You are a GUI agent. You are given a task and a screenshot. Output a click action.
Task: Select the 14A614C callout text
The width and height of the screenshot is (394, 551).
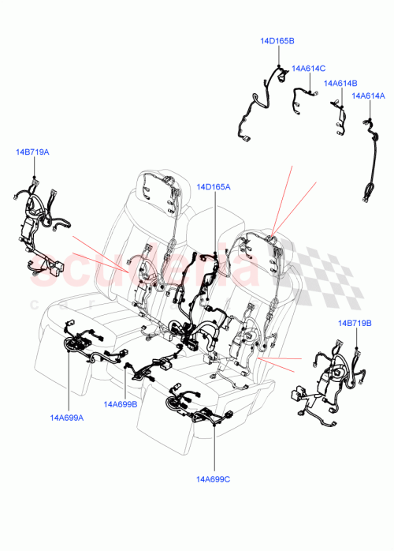308,69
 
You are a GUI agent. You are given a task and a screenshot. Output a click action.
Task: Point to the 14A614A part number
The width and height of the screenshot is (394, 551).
368,96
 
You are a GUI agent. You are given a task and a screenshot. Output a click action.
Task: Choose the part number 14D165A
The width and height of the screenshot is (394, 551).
214,187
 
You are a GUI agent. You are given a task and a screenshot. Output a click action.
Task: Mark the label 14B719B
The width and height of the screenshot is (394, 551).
355,324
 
